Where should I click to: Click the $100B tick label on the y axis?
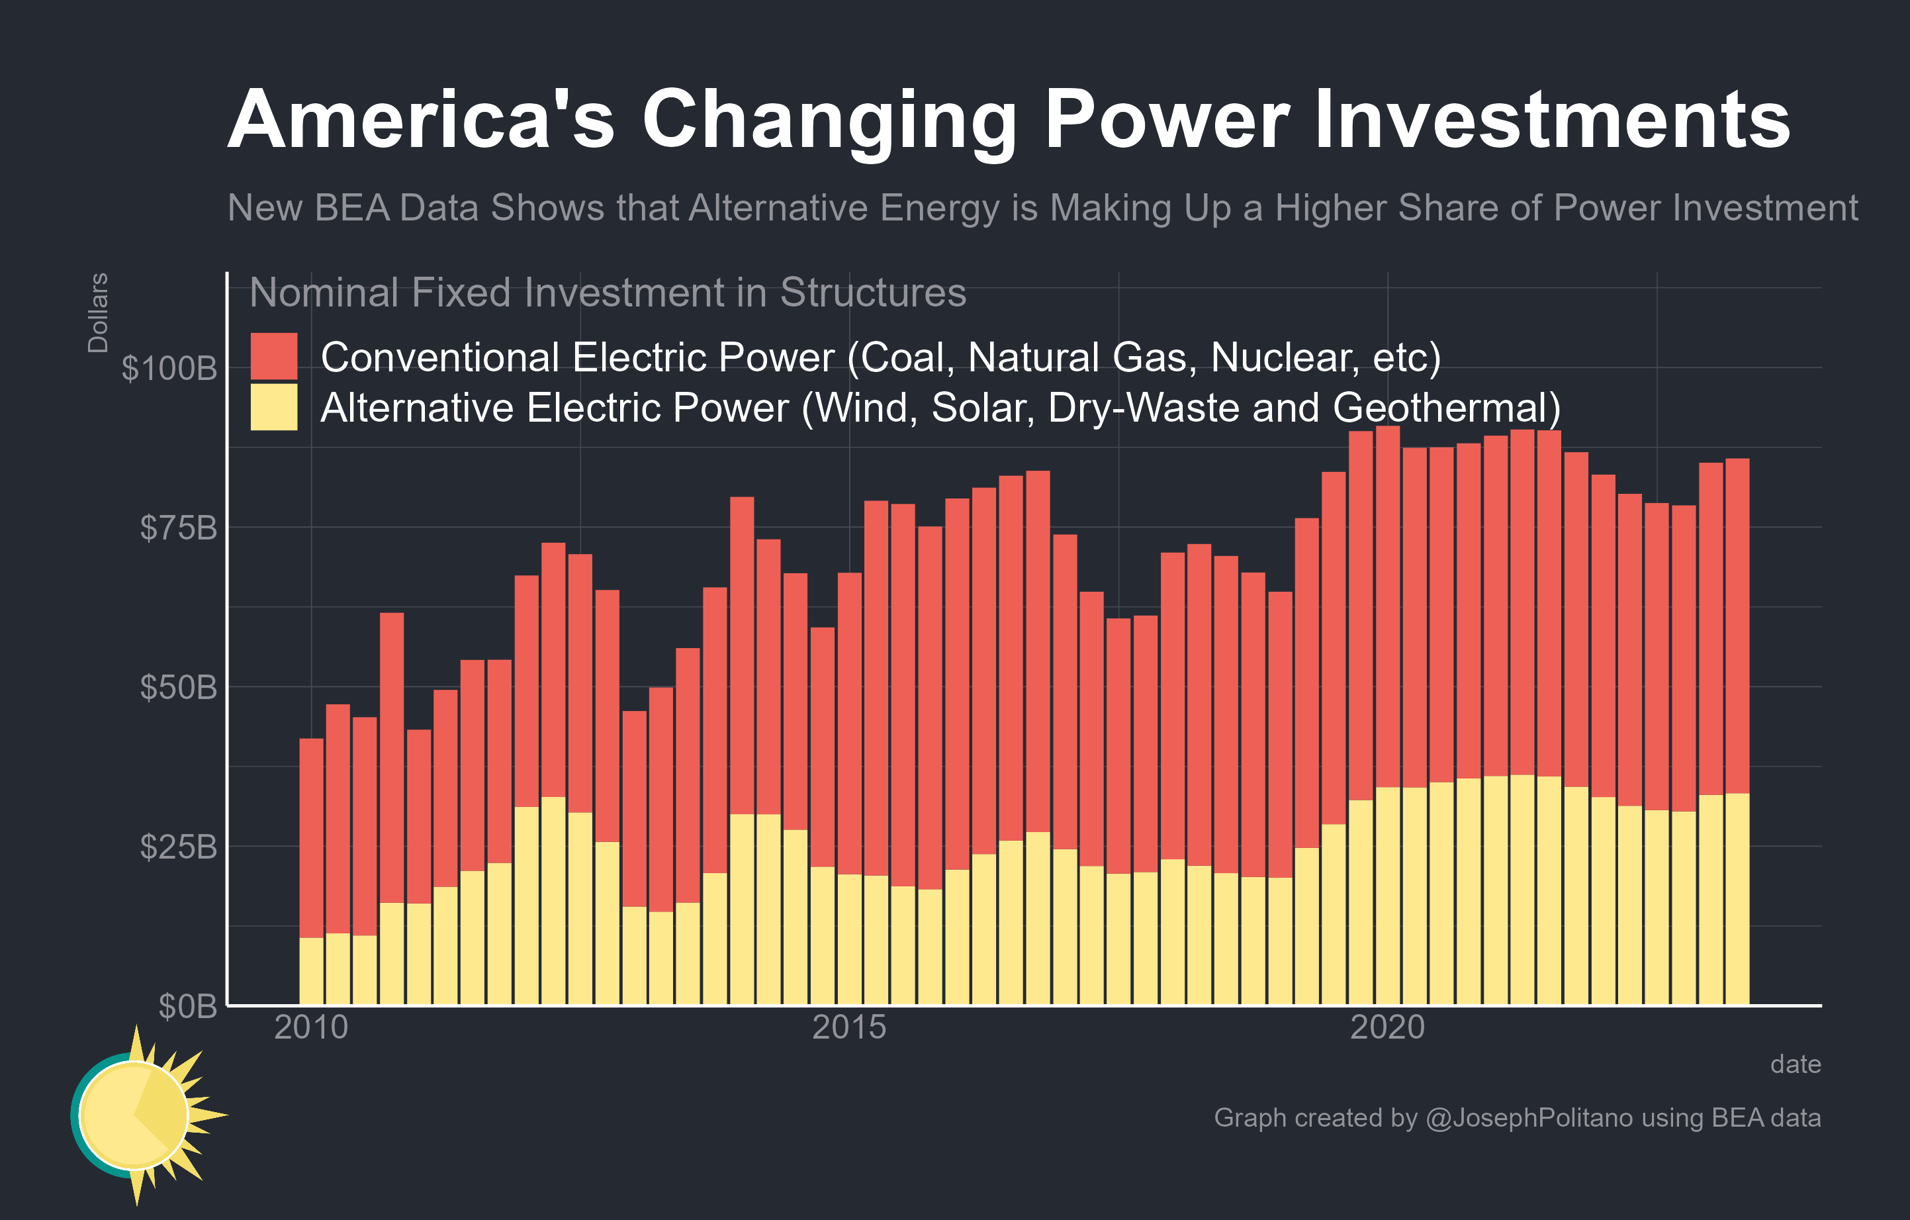169,368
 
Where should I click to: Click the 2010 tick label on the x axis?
311,1027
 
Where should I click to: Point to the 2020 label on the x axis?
1387,1027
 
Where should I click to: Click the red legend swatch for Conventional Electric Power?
273,356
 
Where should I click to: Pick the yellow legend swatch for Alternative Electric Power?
273,407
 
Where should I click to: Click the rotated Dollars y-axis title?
97,312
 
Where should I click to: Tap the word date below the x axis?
1795,1064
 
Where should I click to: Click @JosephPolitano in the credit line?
1529,1117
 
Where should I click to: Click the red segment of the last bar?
1737,627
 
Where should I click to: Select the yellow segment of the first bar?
311,972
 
